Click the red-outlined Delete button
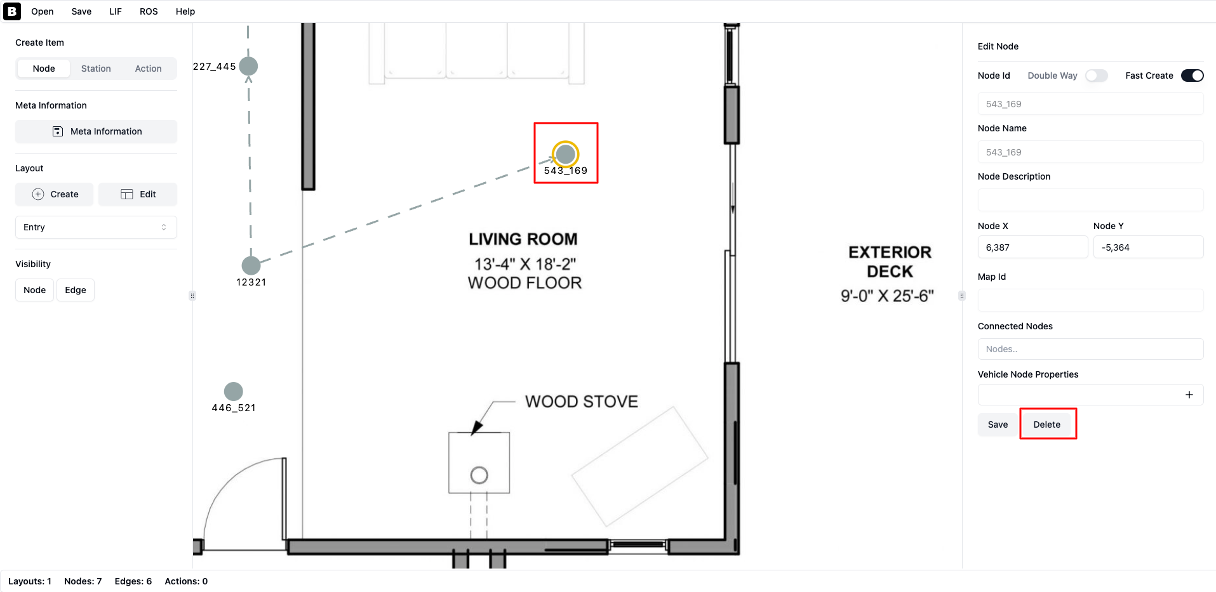pyautogui.click(x=1047, y=424)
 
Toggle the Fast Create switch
pyautogui.click(x=1192, y=76)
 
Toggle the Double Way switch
pyautogui.click(x=1097, y=76)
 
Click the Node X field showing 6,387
pyautogui.click(x=1032, y=247)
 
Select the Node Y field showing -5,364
pyautogui.click(x=1148, y=247)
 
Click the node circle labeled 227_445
pyautogui.click(x=248, y=66)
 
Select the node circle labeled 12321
pyautogui.click(x=251, y=265)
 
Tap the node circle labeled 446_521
pyautogui.click(x=234, y=391)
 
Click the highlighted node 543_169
pyautogui.click(x=565, y=154)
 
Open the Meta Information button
pyautogui.click(x=96, y=131)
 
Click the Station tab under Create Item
pyautogui.click(x=96, y=69)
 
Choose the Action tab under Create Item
pyautogui.click(x=149, y=69)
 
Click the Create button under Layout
pyautogui.click(x=55, y=194)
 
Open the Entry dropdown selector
pyautogui.click(x=96, y=227)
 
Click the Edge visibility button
pyautogui.click(x=76, y=290)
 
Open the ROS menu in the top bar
pyautogui.click(x=149, y=11)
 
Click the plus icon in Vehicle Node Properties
pyautogui.click(x=1189, y=395)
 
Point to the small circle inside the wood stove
pyautogui.click(x=479, y=475)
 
